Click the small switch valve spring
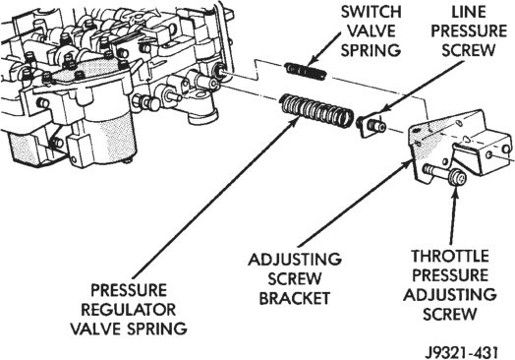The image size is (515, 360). [x=306, y=71]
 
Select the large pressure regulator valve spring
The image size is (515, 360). [x=316, y=111]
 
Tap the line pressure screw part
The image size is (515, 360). [x=372, y=126]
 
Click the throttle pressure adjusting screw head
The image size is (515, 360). [x=458, y=178]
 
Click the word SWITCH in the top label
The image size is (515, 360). [x=371, y=12]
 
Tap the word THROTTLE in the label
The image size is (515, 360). [x=450, y=257]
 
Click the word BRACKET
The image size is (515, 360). [x=295, y=298]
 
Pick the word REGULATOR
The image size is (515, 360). [x=129, y=310]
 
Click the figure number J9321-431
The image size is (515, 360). [x=462, y=352]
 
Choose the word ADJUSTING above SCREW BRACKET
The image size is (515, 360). [x=295, y=260]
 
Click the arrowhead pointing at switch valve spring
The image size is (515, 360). [x=312, y=59]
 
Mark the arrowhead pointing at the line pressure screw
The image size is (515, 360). [x=384, y=110]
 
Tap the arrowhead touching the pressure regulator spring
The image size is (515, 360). [x=295, y=121]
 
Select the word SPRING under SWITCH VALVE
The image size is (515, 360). [x=371, y=51]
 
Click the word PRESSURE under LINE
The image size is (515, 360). [x=469, y=31]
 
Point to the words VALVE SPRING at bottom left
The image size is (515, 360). [x=129, y=330]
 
